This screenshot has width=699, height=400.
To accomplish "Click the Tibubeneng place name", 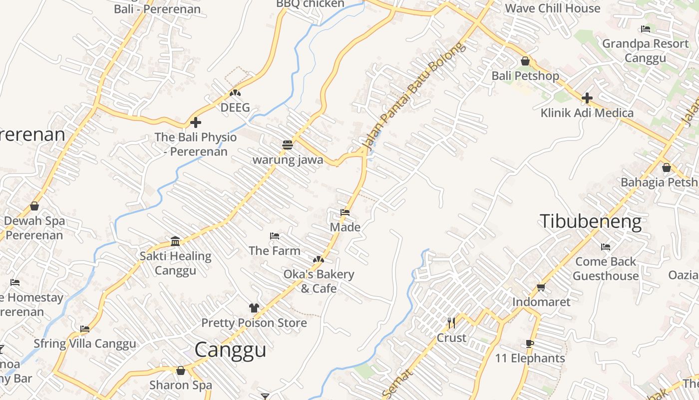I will tap(591, 221).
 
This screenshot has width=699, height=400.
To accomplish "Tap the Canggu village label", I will tap(230, 349).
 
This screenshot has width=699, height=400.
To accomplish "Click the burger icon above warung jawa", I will tap(287, 145).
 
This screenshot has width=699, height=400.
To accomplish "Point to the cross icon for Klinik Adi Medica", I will tap(587, 97).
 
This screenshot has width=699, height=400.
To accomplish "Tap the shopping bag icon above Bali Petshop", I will tap(525, 61).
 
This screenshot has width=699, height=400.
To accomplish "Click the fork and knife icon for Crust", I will tap(451, 322).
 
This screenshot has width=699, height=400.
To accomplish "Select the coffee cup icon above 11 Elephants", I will tap(530, 343).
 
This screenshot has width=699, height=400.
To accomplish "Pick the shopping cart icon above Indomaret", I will tap(541, 287).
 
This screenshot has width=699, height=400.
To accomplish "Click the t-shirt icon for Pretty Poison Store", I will tap(254, 307).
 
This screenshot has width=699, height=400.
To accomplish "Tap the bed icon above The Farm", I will tap(275, 235).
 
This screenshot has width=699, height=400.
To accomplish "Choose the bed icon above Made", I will tap(345, 212).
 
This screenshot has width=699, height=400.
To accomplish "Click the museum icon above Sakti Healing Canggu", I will tap(175, 241).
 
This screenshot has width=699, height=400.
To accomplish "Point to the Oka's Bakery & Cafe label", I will tap(319, 281).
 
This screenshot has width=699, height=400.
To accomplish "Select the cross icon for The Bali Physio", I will tap(196, 122).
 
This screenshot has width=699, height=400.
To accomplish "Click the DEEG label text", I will tap(235, 107).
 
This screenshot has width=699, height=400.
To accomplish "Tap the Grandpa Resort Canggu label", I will tap(645, 50).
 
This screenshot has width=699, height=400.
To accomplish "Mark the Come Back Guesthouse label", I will tap(606, 268).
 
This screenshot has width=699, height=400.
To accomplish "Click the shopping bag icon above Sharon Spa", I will tap(181, 370).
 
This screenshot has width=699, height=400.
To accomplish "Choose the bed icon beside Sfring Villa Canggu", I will tap(85, 329).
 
